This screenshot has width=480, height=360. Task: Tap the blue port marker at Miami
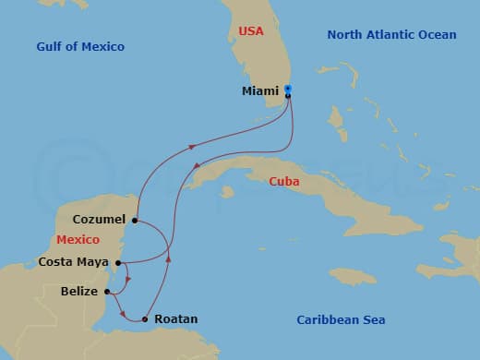288,89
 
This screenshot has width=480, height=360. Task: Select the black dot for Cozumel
135,221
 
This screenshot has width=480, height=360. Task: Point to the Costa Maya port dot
117,262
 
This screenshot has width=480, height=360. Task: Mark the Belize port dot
108,293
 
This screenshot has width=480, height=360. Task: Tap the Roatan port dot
144,319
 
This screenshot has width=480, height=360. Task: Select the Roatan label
175,319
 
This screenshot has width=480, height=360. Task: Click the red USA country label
250,31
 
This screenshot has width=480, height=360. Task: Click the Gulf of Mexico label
80,46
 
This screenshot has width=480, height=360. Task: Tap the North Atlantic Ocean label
391,35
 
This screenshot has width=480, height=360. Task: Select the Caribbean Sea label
341,319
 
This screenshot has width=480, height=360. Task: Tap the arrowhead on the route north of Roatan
168,258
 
